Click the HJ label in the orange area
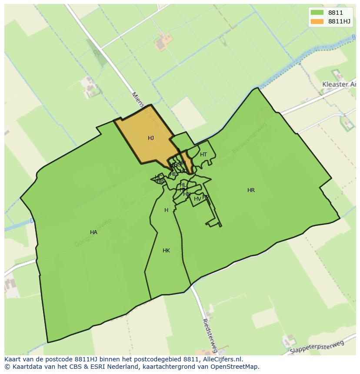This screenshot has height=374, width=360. (151, 138)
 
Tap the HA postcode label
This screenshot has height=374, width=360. (93, 232)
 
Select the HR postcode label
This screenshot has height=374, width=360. (251, 190)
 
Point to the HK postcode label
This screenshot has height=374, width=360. (166, 251)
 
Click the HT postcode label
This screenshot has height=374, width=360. (203, 155)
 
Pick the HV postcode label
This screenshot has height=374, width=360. (197, 199)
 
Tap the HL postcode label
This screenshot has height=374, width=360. (183, 185)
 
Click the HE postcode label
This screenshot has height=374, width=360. (173, 174)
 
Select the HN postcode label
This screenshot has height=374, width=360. (187, 194)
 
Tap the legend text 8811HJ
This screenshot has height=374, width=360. (340, 21)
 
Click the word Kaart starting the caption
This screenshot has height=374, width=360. (13, 359)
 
